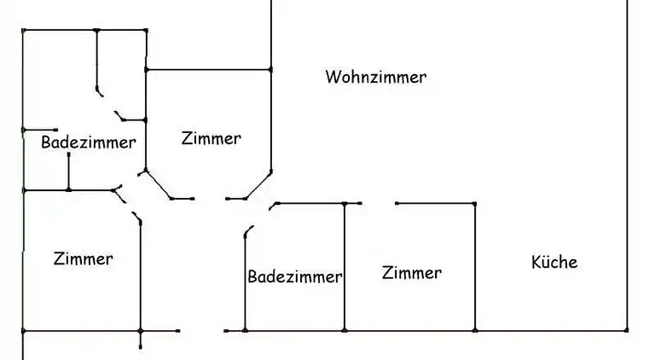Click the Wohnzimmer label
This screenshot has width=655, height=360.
(x=375, y=78)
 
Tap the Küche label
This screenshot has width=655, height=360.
(x=554, y=262)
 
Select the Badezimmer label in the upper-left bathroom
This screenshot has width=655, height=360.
(x=88, y=142)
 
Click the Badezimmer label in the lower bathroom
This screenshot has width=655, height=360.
(x=295, y=277)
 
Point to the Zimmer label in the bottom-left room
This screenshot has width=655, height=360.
(x=83, y=258)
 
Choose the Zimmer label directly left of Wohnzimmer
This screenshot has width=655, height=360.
(x=212, y=138)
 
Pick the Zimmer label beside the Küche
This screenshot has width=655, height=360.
(x=412, y=273)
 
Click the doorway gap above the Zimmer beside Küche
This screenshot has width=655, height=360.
(x=379, y=204)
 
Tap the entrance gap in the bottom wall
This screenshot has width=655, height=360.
(x=202, y=330)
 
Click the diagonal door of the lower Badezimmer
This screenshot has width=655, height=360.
(x=249, y=231)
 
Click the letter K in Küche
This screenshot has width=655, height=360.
(x=536, y=262)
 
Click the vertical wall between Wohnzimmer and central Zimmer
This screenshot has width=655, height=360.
(x=270, y=119)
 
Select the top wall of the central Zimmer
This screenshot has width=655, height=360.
(x=209, y=69)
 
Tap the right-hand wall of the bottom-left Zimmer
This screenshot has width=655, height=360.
(x=141, y=273)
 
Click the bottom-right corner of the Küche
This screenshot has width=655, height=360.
(x=627, y=330)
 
